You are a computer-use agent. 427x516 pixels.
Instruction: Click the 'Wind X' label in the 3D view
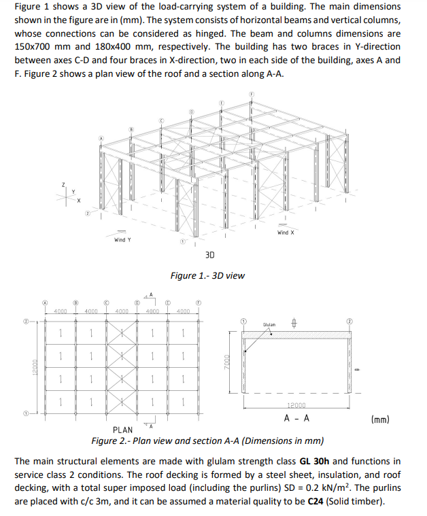click(x=286, y=233)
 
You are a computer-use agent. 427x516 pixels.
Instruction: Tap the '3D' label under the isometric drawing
click(x=209, y=255)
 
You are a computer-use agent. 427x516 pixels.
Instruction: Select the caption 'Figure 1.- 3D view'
click(x=207, y=275)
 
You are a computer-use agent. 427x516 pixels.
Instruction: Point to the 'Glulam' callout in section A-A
click(x=269, y=325)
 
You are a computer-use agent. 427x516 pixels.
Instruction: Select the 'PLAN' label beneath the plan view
click(x=122, y=430)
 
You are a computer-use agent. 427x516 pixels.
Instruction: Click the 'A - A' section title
click(x=297, y=418)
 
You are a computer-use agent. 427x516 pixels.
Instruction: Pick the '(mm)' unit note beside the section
click(x=380, y=419)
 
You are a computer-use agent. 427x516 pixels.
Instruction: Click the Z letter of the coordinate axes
click(x=63, y=184)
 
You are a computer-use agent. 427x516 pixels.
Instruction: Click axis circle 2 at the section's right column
click(x=350, y=320)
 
